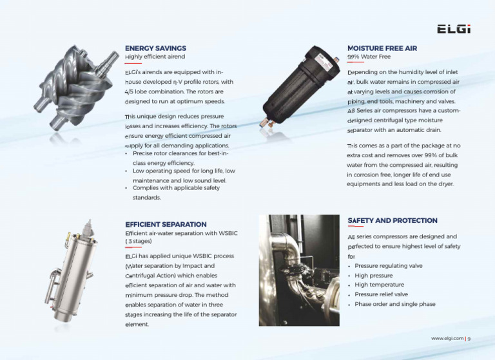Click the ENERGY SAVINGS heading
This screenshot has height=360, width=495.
point(155,48)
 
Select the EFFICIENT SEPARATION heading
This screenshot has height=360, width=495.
point(166,224)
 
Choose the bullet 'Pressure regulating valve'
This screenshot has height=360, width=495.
point(388,265)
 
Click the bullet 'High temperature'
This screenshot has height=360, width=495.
point(379,285)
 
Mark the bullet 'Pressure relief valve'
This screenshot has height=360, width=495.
point(381,294)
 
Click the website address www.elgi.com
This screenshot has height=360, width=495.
point(447,338)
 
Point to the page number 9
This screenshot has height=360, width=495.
point(470,338)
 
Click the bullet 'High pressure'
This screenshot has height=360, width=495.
point(374,275)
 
